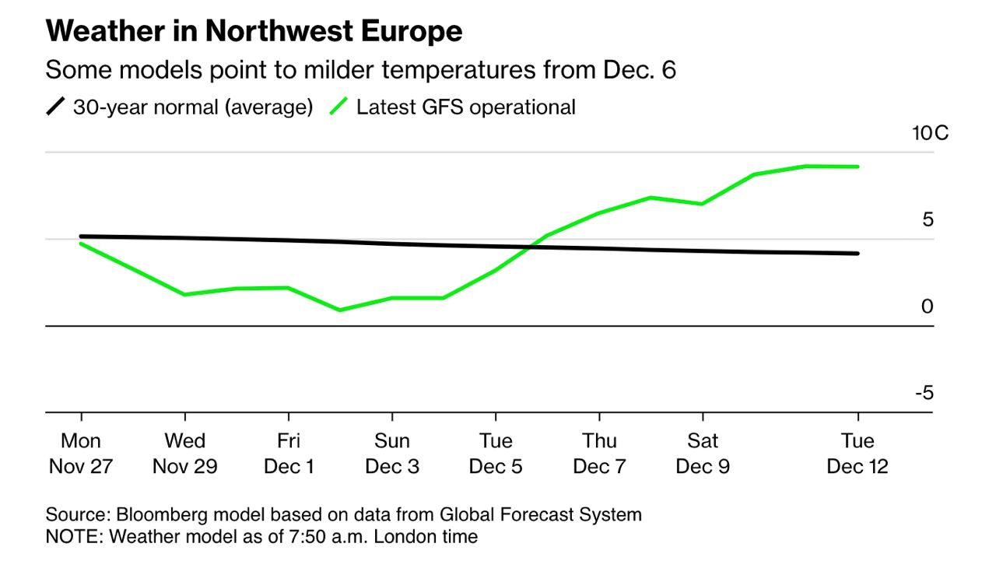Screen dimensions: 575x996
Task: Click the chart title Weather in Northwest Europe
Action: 254,31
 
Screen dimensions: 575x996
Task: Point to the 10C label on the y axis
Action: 931,133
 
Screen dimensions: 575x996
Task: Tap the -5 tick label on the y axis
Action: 924,393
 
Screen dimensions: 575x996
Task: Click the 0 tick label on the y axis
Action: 927,307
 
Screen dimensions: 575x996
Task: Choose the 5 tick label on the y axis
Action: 927,220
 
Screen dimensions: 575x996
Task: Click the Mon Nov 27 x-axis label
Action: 81,454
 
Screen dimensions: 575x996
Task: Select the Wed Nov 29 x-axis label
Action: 184,454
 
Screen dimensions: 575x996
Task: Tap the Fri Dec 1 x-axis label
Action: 289,454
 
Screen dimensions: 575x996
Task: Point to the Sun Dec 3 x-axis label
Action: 392,454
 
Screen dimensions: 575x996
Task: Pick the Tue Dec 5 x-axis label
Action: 496,454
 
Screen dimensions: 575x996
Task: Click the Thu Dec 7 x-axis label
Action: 599,454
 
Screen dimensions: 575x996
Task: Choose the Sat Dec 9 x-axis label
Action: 703,454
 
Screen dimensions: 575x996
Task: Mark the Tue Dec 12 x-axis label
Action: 857,454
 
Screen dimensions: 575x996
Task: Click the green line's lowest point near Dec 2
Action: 340,310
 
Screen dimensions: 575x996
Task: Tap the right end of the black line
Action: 857,253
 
